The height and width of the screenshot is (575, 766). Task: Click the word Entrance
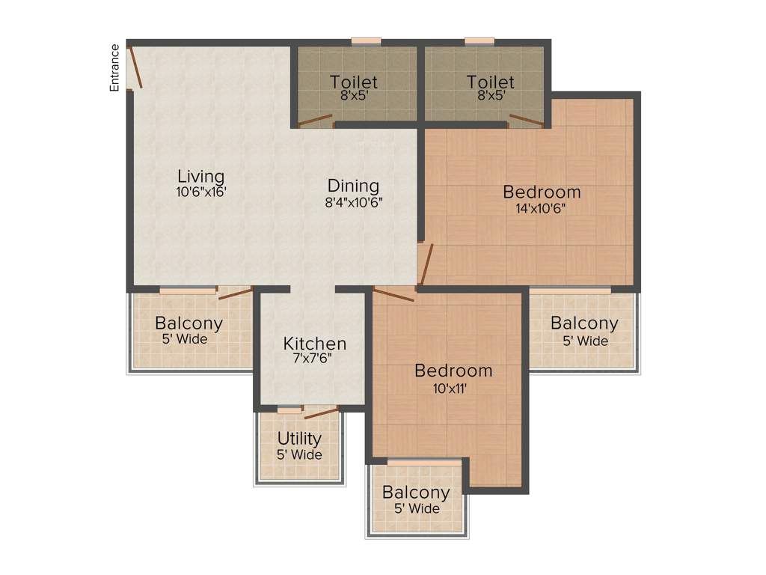point(114,67)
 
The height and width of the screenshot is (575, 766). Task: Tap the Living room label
point(200,177)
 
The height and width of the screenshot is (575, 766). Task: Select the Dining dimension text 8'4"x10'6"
point(353,201)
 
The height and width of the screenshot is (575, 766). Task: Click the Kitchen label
point(314,344)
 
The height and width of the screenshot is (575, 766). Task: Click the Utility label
point(299,439)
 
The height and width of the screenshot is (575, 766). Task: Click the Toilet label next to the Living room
point(353,82)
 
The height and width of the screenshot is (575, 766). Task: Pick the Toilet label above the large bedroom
point(491,82)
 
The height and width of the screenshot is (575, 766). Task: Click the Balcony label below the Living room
point(189,323)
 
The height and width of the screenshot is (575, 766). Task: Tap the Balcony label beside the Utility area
point(416,493)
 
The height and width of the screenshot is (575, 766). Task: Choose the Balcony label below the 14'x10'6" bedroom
point(584,323)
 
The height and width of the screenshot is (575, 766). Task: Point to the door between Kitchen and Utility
point(321,413)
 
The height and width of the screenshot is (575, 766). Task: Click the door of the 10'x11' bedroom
point(393,295)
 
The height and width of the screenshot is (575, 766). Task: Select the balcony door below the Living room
point(235,293)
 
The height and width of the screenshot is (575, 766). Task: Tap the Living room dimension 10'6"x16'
point(200,192)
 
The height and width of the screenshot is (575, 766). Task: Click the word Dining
point(353,186)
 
